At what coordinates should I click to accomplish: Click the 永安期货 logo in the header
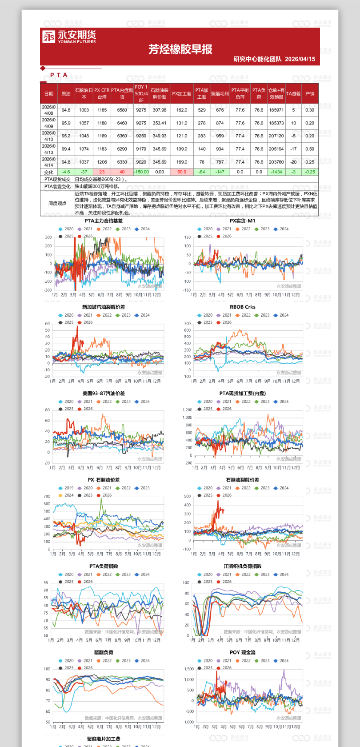[x=69, y=36]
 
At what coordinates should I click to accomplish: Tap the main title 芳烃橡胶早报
[x=180, y=49]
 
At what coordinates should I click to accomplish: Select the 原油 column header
[x=66, y=94]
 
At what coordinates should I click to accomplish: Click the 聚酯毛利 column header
[x=220, y=94]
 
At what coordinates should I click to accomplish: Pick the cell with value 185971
[x=276, y=110]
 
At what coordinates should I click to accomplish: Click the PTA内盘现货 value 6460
[x=122, y=123]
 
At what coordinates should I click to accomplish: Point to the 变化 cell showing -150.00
[x=141, y=172]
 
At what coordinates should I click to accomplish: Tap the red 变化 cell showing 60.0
[x=182, y=172]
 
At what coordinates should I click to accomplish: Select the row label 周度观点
[x=57, y=203]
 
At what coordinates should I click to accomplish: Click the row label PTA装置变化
[x=57, y=187]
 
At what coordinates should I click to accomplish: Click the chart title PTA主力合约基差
[x=104, y=221]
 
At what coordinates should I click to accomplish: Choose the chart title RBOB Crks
[x=242, y=307]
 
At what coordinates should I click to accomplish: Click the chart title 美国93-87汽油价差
[x=104, y=394]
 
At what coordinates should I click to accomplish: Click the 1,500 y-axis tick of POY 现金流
[x=189, y=669]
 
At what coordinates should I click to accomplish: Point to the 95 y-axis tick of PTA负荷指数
[x=46, y=582]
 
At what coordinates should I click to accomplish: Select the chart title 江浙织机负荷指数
[x=242, y=566]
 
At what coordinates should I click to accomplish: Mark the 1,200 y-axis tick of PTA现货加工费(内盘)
[x=187, y=410]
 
